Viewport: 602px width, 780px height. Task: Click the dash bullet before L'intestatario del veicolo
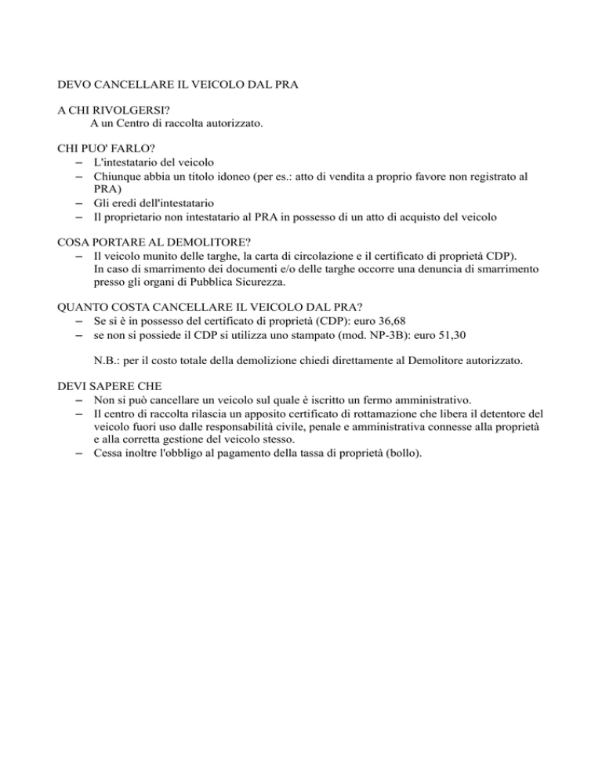[x=81, y=162]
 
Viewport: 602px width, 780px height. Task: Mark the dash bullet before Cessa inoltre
[x=81, y=453]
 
